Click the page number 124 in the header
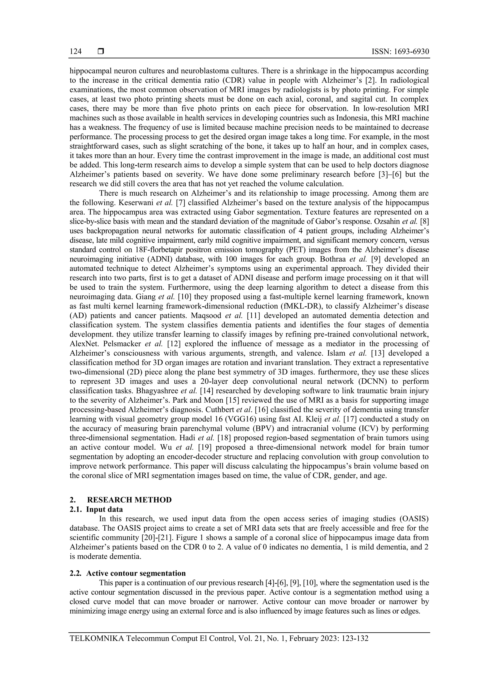tap(76, 52)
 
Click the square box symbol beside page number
tap(101, 52)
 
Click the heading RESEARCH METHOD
tap(129, 500)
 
